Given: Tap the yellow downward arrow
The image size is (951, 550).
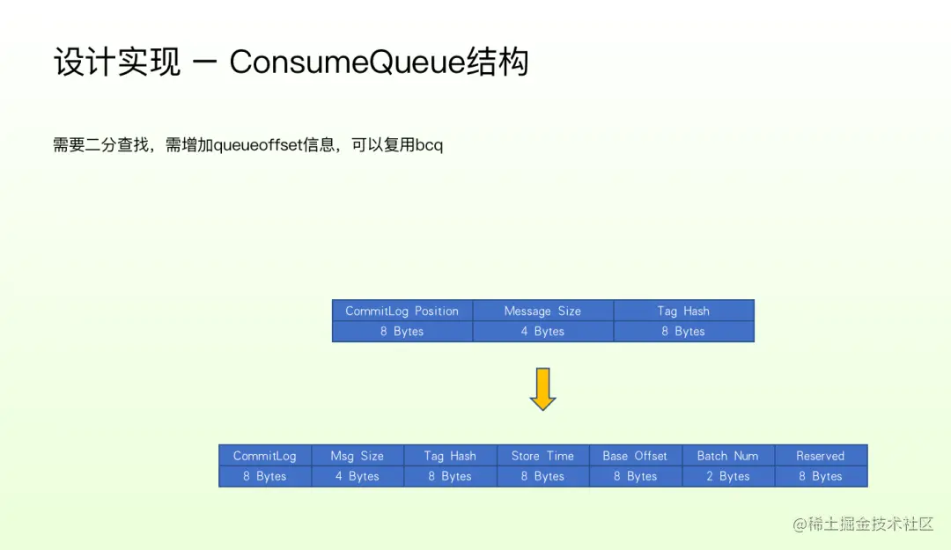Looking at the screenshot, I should pyautogui.click(x=542, y=389).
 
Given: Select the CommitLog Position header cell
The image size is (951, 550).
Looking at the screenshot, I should pyautogui.click(x=402, y=311).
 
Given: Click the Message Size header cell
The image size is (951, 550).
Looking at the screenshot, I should pyautogui.click(x=542, y=311).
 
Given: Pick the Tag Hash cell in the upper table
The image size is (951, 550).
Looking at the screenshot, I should pyautogui.click(x=683, y=311).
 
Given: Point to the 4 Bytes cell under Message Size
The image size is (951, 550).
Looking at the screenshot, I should pyautogui.click(x=542, y=332).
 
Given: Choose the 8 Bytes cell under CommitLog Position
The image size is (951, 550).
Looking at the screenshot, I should pyautogui.click(x=402, y=332).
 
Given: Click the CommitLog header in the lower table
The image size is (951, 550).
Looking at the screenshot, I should pyautogui.click(x=265, y=456).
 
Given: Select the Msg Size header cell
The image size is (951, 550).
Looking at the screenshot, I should pyautogui.click(x=358, y=456).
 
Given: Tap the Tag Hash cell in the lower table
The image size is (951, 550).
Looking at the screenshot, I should pyautogui.click(x=450, y=456).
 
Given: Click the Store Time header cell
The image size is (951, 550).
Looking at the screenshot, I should pyautogui.click(x=542, y=456).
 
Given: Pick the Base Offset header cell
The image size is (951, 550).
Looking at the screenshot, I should pyautogui.click(x=635, y=456).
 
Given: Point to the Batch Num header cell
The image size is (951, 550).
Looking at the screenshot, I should pyautogui.click(x=727, y=456).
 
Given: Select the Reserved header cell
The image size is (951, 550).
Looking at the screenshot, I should pyautogui.click(x=820, y=456).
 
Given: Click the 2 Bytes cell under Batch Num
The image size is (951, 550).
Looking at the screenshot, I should pyautogui.click(x=727, y=476).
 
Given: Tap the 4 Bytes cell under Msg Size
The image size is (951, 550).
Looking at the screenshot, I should pyautogui.click(x=358, y=476).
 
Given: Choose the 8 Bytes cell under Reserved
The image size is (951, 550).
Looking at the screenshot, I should pyautogui.click(x=820, y=476).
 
